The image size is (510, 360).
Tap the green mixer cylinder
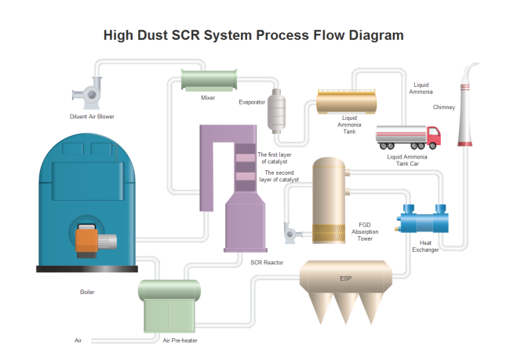(209, 80)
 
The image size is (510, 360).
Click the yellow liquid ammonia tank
(346, 103)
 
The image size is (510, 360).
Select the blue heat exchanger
(423, 219)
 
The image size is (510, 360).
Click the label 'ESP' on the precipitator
(346, 278)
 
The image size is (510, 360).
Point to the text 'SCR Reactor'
(267, 262)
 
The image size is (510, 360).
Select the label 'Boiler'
(87, 292)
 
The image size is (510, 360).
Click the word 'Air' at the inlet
(78, 340)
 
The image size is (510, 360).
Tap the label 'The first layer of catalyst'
(275, 158)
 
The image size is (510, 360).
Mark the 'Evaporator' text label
(252, 101)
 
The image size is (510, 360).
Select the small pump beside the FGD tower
(290, 232)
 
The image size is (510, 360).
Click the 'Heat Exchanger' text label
(424, 246)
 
